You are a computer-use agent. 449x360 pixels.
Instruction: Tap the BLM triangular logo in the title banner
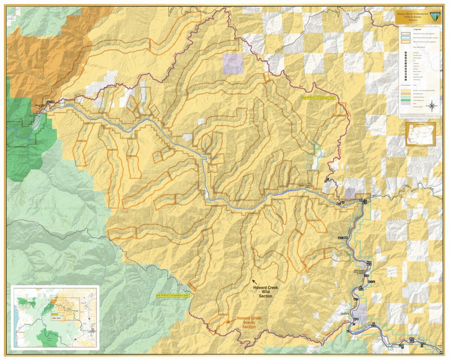(x=435, y=16)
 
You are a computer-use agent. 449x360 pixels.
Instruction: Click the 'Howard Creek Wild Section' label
(x=265, y=292)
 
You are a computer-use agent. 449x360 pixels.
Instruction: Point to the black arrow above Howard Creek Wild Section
(x=254, y=282)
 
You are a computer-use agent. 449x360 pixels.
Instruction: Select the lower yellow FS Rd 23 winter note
(x=173, y=295)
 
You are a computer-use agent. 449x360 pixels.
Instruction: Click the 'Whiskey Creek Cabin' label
(x=305, y=186)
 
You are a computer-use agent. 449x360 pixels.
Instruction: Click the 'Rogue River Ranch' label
(x=42, y=106)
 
